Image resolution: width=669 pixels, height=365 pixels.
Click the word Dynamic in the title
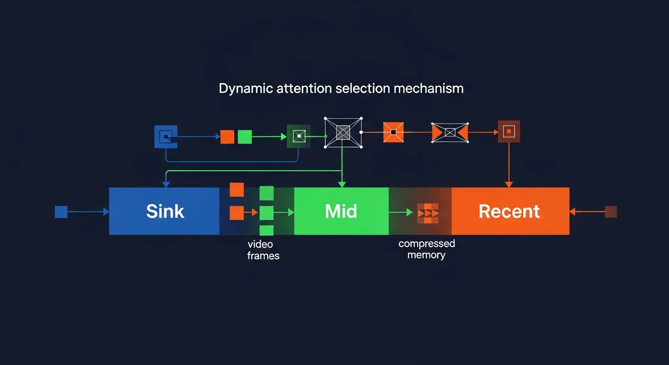coord(246,88)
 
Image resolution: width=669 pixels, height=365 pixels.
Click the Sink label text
coord(165,211)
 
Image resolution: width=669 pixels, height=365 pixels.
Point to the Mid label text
coord(341,211)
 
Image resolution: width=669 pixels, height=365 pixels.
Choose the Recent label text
coord(509,211)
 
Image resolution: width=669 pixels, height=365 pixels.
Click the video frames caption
coord(263,250)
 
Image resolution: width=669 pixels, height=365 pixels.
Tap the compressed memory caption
coord(426,250)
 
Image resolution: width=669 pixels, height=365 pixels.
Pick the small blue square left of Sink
coord(61,212)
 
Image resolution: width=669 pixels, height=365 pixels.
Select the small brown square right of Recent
coord(611,212)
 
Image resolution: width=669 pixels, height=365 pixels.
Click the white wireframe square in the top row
coord(343,132)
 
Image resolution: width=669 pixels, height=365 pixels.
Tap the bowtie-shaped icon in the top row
coord(449,132)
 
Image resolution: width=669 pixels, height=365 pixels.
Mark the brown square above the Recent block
coord(508,131)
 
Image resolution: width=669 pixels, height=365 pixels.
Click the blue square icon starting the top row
coord(166,137)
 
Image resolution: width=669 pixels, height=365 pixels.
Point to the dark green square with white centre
coord(298,136)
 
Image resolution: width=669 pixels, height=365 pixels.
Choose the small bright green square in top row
coord(244,137)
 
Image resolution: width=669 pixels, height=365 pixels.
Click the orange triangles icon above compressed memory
coord(428,213)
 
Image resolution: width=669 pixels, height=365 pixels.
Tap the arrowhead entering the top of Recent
coord(508,184)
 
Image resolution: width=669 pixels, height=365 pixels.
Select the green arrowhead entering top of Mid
coord(342,184)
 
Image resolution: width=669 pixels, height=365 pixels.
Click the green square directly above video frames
coord(267,231)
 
